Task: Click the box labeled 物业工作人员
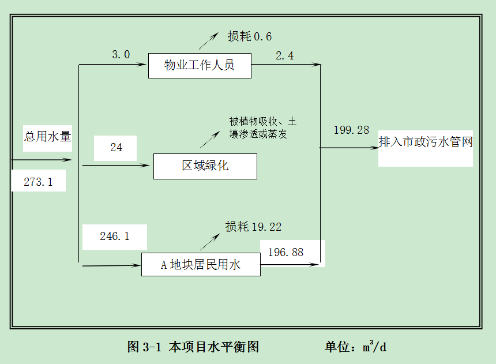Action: [200, 65]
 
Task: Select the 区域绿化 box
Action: [205, 166]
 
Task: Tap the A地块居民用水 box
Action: [200, 265]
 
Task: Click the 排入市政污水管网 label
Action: [426, 141]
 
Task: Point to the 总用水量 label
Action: [47, 137]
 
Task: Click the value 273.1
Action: [38, 182]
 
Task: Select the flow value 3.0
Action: [121, 55]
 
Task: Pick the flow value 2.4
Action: [284, 55]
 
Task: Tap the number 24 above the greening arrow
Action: [116, 148]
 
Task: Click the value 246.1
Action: [114, 236]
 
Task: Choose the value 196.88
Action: [285, 252]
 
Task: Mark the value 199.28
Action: [351, 130]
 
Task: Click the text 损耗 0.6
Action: [249, 37]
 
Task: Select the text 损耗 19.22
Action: [253, 227]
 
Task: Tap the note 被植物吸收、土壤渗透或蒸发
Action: [262, 127]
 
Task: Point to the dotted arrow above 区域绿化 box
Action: [209, 139]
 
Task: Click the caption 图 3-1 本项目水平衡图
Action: [193, 347]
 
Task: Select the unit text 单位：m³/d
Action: [355, 347]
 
